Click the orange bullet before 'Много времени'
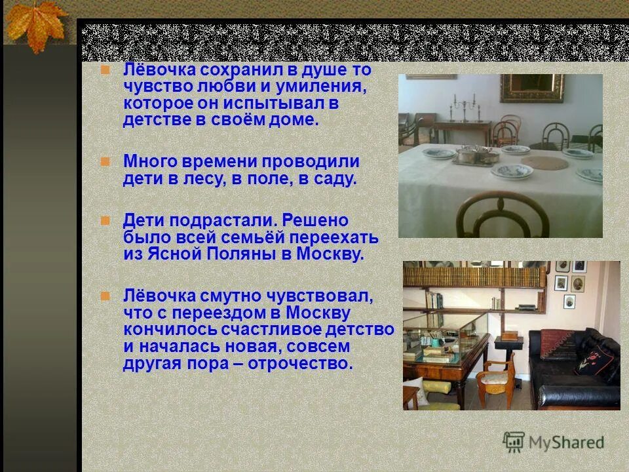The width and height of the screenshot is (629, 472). (105, 161)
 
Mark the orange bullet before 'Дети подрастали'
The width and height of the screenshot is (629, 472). (105, 220)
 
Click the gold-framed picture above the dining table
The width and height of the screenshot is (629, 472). (532, 88)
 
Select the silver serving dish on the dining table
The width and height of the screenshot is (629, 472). (475, 155)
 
